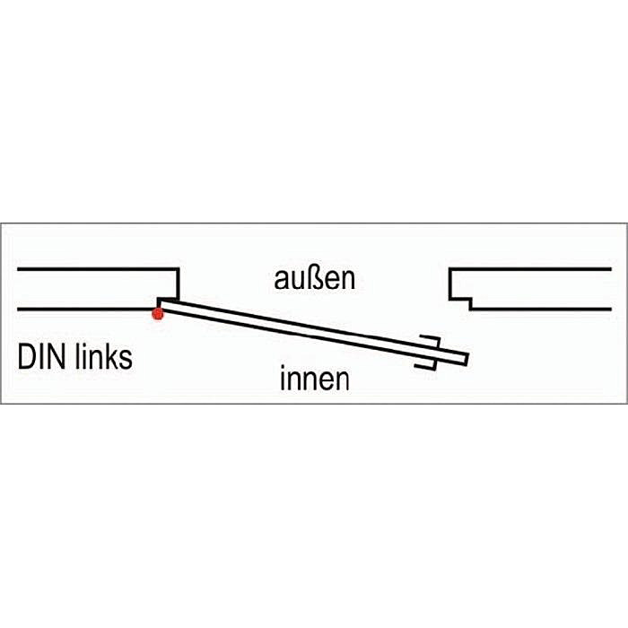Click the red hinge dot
coord(158,313)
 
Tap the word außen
coord(314,278)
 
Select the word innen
coord(314,380)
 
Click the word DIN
coord(41,357)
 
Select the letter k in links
coord(112,357)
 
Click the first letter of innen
coord(283,380)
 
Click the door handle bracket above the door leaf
coord(432,341)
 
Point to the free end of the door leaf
coord(466,359)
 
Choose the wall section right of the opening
coord(538,289)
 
